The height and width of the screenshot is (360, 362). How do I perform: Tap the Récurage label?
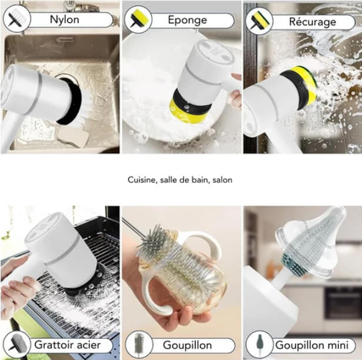click(312, 22)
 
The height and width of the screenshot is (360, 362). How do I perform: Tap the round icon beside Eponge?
click(139, 20)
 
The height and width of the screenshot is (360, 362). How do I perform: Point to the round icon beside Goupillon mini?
click(259, 345)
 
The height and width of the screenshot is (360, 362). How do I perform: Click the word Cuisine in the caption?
click(142, 180)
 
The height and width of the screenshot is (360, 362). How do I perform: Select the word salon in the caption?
click(222, 180)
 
